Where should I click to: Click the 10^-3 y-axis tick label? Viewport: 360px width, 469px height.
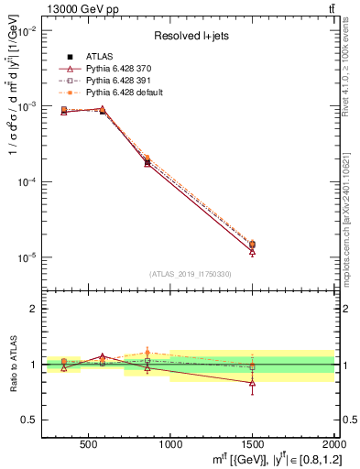point(27,107)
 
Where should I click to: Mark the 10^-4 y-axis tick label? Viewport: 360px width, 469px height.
point(27,182)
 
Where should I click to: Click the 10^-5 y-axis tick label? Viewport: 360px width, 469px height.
point(27,258)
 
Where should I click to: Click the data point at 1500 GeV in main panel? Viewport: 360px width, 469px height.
point(252,245)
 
